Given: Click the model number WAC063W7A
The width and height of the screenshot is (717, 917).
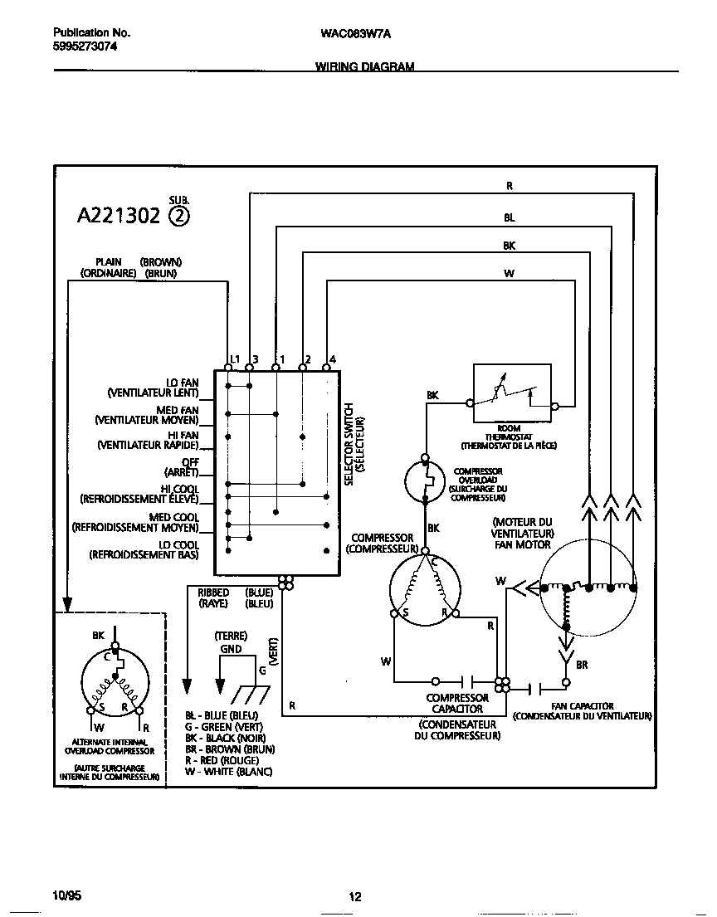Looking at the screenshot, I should pyautogui.click(x=354, y=34).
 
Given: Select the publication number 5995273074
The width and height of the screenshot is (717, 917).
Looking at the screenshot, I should pyautogui.click(x=85, y=47).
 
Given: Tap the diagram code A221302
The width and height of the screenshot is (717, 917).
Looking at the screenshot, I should pyautogui.click(x=119, y=217).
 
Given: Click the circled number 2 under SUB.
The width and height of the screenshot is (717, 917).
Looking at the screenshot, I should pyautogui.click(x=178, y=217).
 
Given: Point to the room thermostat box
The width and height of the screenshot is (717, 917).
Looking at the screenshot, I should pyautogui.click(x=511, y=393).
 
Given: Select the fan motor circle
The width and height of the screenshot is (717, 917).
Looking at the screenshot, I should pyautogui.click(x=588, y=588).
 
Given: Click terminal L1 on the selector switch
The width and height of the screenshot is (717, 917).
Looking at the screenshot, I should pyautogui.click(x=228, y=366).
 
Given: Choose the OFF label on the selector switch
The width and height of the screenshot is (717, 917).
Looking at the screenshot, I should pyautogui.click(x=190, y=462).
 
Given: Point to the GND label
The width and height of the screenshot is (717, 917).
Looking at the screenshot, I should pyautogui.click(x=231, y=649).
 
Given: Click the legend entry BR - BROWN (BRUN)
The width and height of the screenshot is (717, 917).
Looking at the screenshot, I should pyautogui.click(x=230, y=749).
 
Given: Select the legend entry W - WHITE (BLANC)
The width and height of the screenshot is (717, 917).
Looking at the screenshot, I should pyautogui.click(x=228, y=772).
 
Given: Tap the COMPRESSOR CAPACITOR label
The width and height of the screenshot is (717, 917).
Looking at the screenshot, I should pyautogui.click(x=457, y=704).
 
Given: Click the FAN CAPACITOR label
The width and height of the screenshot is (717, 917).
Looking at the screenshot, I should pyautogui.click(x=582, y=706).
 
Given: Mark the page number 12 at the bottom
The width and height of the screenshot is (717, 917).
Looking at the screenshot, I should pyautogui.click(x=354, y=896).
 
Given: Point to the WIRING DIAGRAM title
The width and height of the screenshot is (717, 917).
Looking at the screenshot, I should pyautogui.click(x=364, y=66).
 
